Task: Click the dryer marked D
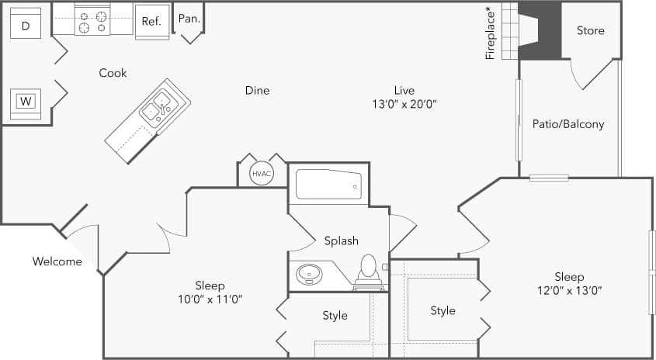tap(26, 26)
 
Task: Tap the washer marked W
tap(26, 102)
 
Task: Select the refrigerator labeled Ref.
tap(151, 21)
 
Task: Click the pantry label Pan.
tap(188, 18)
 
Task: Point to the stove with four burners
tap(93, 21)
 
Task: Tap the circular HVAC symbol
tap(262, 174)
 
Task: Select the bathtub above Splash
tap(329, 185)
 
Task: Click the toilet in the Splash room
tap(368, 268)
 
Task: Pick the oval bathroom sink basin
tap(311, 274)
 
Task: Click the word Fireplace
tap(490, 33)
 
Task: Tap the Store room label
tap(590, 30)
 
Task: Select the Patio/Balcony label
tap(568, 123)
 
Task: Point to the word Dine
tap(257, 90)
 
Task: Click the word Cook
tap(113, 73)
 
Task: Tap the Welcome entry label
tap(57, 261)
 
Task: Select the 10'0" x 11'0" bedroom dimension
tap(210, 298)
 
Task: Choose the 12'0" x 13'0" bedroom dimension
tap(569, 291)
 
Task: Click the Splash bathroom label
tap(342, 241)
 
